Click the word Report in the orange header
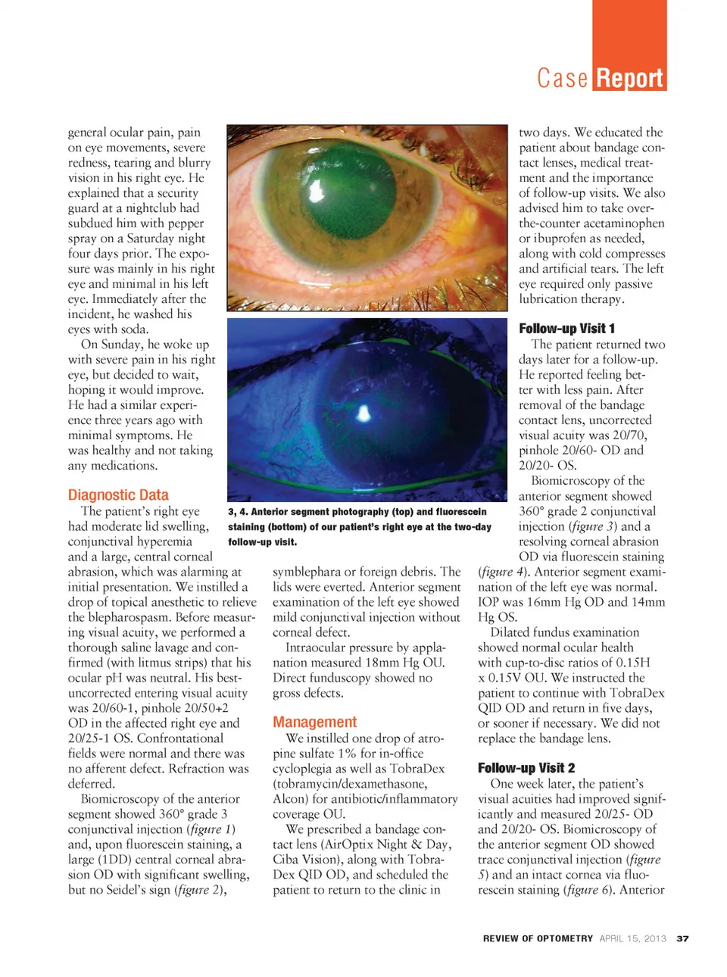click(629, 78)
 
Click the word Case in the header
click(562, 78)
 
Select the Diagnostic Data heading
click(118, 495)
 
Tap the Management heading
click(314, 722)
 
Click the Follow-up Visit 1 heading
click(566, 328)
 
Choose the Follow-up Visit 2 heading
click(526, 767)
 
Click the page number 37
click(682, 938)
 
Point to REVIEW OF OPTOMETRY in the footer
click(538, 938)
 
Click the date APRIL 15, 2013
click(632, 938)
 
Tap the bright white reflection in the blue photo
click(363, 413)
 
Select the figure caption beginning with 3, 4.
click(360, 526)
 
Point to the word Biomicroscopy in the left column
click(118, 798)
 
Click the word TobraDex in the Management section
click(417, 768)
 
